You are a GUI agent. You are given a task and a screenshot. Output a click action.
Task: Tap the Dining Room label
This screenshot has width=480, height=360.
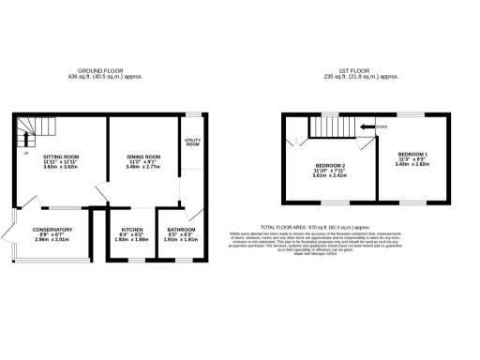144,156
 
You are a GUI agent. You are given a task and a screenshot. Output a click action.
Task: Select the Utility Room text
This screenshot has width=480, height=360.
193,142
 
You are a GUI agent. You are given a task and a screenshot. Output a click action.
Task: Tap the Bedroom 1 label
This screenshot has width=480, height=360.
412,153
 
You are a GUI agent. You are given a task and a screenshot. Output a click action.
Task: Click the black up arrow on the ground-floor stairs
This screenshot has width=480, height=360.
24,139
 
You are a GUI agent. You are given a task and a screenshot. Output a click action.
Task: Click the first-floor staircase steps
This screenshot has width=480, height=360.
328,127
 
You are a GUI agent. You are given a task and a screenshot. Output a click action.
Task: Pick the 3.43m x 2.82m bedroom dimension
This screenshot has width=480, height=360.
412,164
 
